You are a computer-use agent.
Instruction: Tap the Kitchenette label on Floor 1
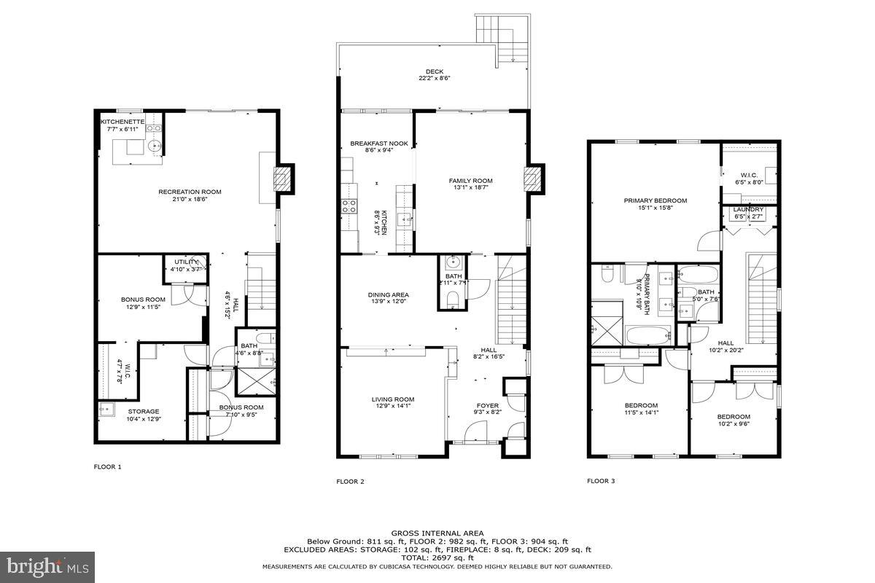[x=122, y=121]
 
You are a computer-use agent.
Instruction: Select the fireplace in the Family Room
[x=534, y=179]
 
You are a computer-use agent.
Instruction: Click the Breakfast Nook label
[x=378, y=144]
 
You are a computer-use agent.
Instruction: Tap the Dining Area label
[x=388, y=295]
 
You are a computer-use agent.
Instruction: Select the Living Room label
[x=393, y=399]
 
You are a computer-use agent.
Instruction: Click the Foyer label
[x=488, y=405]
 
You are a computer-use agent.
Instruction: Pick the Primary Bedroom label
[x=655, y=200]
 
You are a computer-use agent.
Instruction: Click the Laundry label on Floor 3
[x=748, y=209]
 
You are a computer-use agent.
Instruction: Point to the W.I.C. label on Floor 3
[x=749, y=175]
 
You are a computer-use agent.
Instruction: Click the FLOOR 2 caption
[x=350, y=481]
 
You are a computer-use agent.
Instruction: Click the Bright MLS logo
[x=47, y=566]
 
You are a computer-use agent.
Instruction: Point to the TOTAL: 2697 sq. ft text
[x=437, y=557]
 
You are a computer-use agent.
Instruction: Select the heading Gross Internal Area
[x=437, y=533]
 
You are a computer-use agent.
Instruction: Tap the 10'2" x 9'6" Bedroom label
[x=733, y=417]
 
